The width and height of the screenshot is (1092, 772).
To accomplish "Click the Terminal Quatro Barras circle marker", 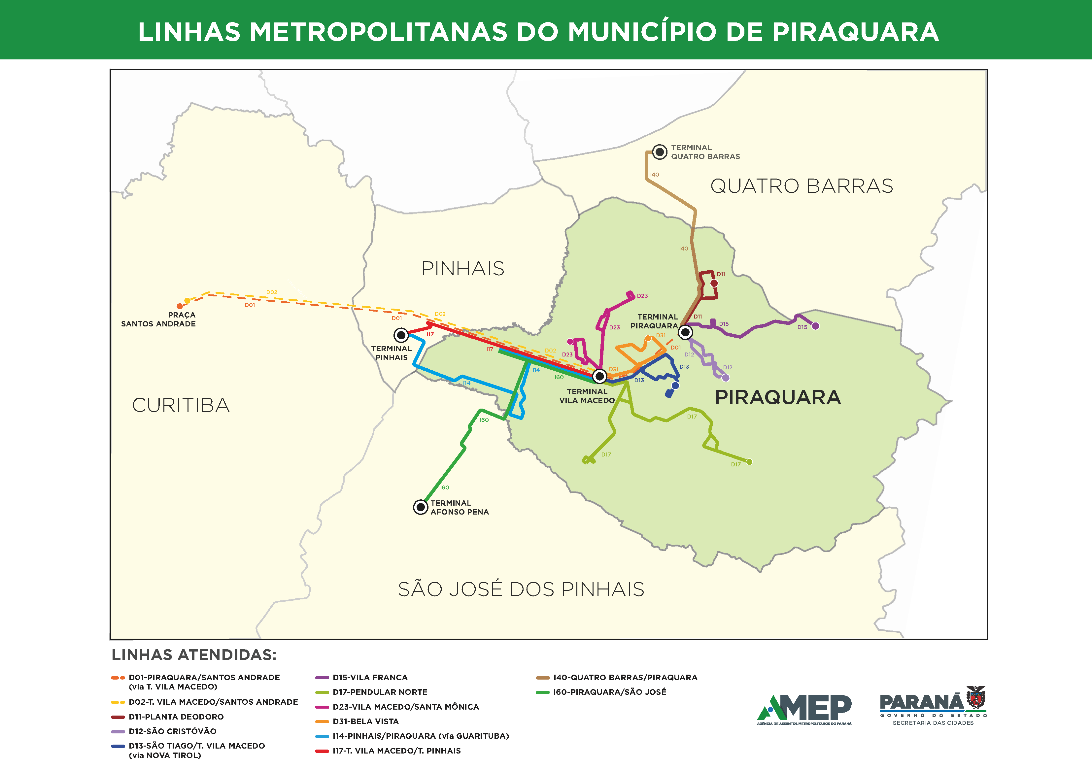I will tap(659, 152).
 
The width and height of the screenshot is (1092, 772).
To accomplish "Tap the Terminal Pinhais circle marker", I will tap(401, 335).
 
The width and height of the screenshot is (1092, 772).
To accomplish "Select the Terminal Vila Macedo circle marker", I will tap(600, 376).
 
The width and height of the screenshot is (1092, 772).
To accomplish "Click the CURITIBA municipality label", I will tap(181, 405).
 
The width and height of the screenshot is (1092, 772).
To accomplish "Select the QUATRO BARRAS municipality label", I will tap(802, 186).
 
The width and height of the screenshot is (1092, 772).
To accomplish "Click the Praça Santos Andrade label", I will tap(158, 319).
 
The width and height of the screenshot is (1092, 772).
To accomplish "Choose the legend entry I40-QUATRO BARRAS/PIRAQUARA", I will tap(625, 677).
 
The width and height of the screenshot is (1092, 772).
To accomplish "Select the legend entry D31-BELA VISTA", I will tap(365, 722).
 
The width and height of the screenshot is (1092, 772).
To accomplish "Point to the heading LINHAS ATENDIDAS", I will tap(193, 655).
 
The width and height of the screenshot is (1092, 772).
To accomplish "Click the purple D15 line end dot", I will tap(815, 326).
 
